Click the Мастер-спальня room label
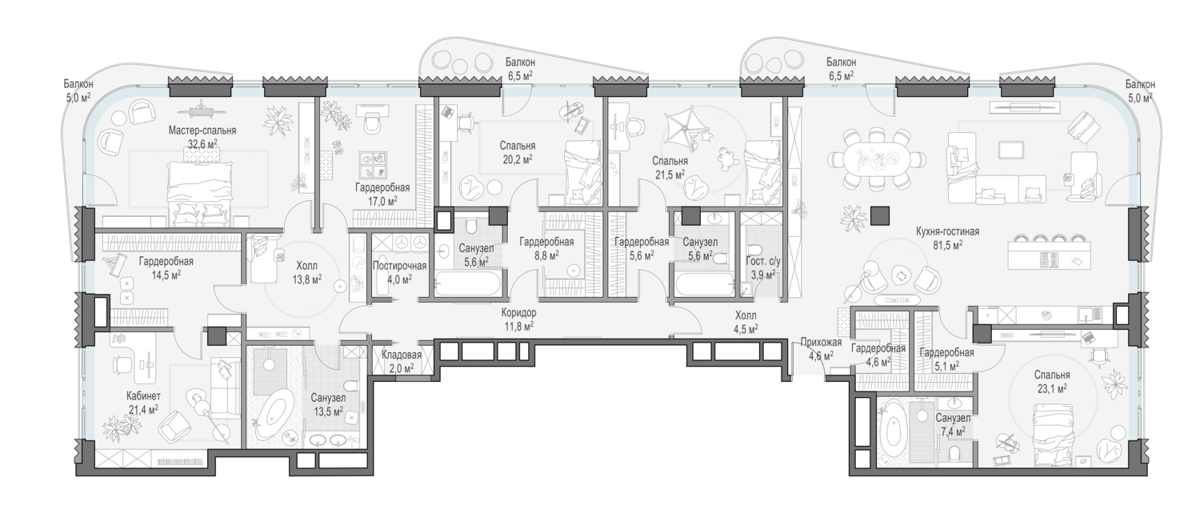[x=202, y=131]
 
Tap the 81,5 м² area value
[x=947, y=245]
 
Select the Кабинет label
[x=143, y=396]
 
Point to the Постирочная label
[x=400, y=266]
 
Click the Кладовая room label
[x=402, y=355]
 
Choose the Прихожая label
[x=822, y=342]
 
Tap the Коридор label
[x=518, y=312]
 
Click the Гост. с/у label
[x=763, y=262]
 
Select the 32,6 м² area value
[x=202, y=143]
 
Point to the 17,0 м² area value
[x=382, y=201]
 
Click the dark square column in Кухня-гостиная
[x=880, y=216]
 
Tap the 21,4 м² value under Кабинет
[x=143, y=409]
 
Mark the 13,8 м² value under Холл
[x=306, y=279]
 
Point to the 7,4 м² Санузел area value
[x=953, y=431]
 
